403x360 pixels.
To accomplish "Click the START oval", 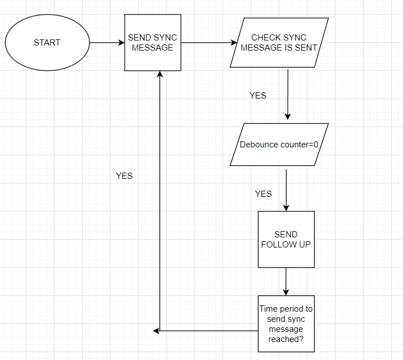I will point(47,43).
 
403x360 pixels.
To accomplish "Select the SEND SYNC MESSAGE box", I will point(152,43).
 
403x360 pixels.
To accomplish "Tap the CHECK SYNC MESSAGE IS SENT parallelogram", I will point(279,43).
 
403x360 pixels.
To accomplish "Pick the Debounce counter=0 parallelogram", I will point(279,145).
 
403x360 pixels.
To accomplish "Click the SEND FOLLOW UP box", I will point(286,240).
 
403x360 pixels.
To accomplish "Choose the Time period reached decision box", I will point(286,324).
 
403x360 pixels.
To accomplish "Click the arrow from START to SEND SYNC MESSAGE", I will point(107,43).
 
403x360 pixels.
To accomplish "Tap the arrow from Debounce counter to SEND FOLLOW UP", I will point(286,188).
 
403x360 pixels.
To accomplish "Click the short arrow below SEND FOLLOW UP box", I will point(286,281).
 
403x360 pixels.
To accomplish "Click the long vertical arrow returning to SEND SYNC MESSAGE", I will point(160,197).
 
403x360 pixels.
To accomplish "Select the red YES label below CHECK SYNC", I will point(257,96).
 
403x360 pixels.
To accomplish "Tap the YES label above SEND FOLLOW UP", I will point(263,193).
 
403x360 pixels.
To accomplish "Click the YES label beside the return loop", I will point(124,176).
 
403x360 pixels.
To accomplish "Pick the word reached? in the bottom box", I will point(286,339).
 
